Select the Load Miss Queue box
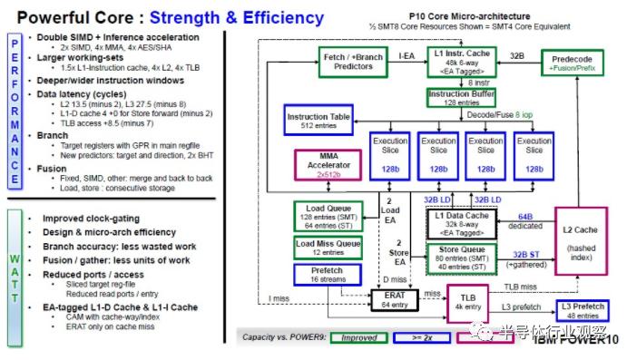point(322,248)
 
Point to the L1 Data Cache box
point(465,222)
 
